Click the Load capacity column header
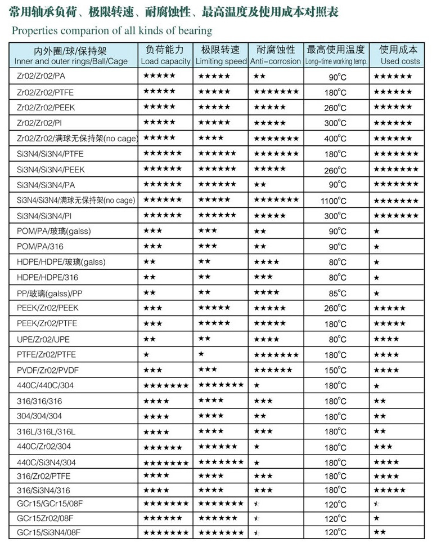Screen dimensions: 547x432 pyautogui.click(x=165, y=56)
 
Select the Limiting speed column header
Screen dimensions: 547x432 pyautogui.click(x=221, y=56)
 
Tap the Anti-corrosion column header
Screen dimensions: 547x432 pyautogui.click(x=276, y=56)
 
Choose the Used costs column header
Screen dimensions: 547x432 pyautogui.click(x=399, y=56)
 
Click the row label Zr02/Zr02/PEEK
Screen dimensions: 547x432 pyautogui.click(x=46, y=107)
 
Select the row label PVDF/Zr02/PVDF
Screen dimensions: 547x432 pyautogui.click(x=46, y=370)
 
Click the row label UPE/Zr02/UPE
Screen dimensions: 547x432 pyautogui.click(x=42, y=339)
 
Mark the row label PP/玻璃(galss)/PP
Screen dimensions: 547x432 pyautogui.click(x=50, y=293)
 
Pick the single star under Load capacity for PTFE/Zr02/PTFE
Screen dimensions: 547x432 pyautogui.click(x=146, y=354)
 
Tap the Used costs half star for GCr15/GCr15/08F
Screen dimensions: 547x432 pyautogui.click(x=376, y=501)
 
